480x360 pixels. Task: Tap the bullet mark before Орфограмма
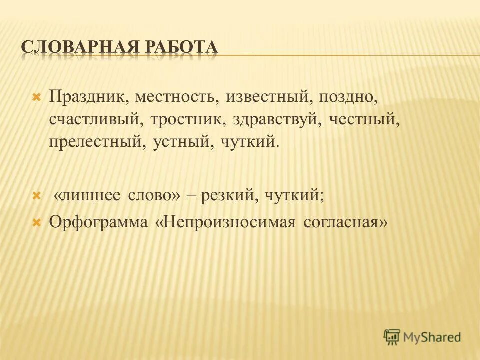[36, 221]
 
